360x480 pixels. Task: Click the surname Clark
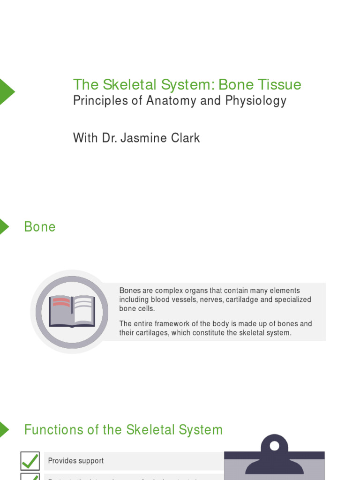pos(185,138)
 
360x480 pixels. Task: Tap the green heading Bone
pos(40,227)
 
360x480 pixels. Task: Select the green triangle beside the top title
pos(6,91)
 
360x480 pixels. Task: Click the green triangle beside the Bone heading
pos(4,226)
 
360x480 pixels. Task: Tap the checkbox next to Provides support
pos(30,461)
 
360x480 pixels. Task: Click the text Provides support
pos(76,461)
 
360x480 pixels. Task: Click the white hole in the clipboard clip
pos(274,445)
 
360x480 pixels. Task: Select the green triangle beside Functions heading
pos(4,429)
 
